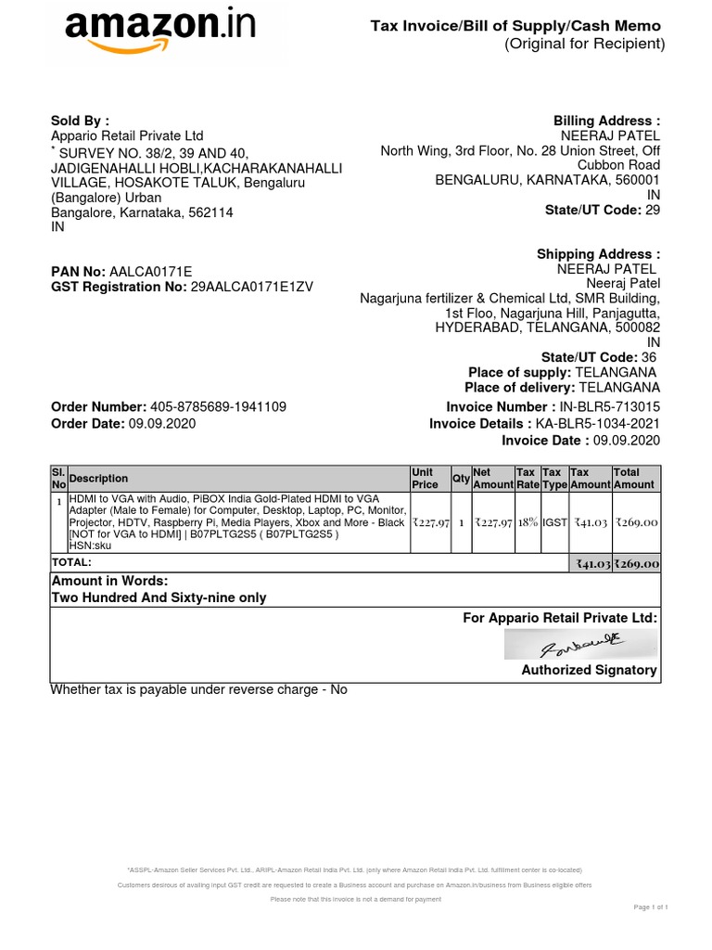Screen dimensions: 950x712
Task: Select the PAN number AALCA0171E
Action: point(150,272)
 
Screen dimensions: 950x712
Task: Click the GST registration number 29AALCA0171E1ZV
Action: point(251,287)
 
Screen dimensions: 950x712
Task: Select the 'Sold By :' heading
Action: point(80,121)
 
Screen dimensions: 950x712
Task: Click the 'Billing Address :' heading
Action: point(606,121)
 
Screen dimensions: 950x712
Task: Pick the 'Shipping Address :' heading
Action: point(598,254)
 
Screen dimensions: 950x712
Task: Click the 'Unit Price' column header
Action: point(425,479)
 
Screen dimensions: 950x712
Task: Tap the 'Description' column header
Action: point(98,479)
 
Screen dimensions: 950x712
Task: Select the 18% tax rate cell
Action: point(528,523)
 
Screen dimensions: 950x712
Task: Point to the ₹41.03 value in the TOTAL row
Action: point(591,563)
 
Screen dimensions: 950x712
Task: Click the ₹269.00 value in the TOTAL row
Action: point(636,563)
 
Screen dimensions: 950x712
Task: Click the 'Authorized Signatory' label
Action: point(589,670)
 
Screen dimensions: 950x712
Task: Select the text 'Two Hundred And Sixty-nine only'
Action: point(159,597)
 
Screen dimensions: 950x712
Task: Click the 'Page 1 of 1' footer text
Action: point(650,906)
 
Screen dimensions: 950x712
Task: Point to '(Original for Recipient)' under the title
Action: point(584,45)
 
